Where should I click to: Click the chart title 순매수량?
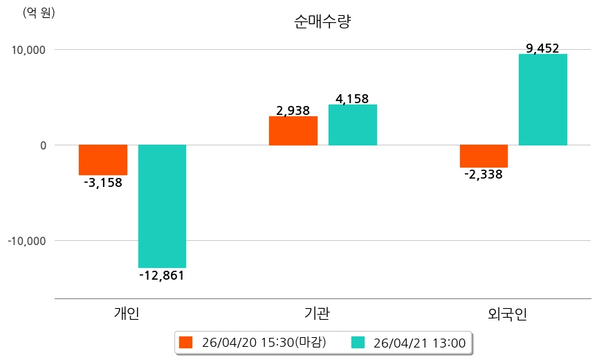tap(322, 21)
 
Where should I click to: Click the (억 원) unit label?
tap(39, 12)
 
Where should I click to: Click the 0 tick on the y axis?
tap(42, 145)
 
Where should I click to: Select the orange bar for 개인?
tap(103, 160)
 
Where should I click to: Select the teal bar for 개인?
tap(162, 206)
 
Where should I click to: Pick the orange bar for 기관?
tap(293, 131)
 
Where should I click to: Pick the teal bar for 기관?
tap(352, 125)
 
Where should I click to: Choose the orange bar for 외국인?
tap(484, 156)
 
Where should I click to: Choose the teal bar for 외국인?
tap(543, 100)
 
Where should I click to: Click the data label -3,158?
tap(102, 183)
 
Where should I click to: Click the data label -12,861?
tap(162, 276)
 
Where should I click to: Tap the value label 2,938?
tap(293, 110)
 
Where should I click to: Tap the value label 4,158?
tap(352, 99)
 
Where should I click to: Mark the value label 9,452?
tap(542, 48)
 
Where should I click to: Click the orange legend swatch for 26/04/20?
tap(185, 342)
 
